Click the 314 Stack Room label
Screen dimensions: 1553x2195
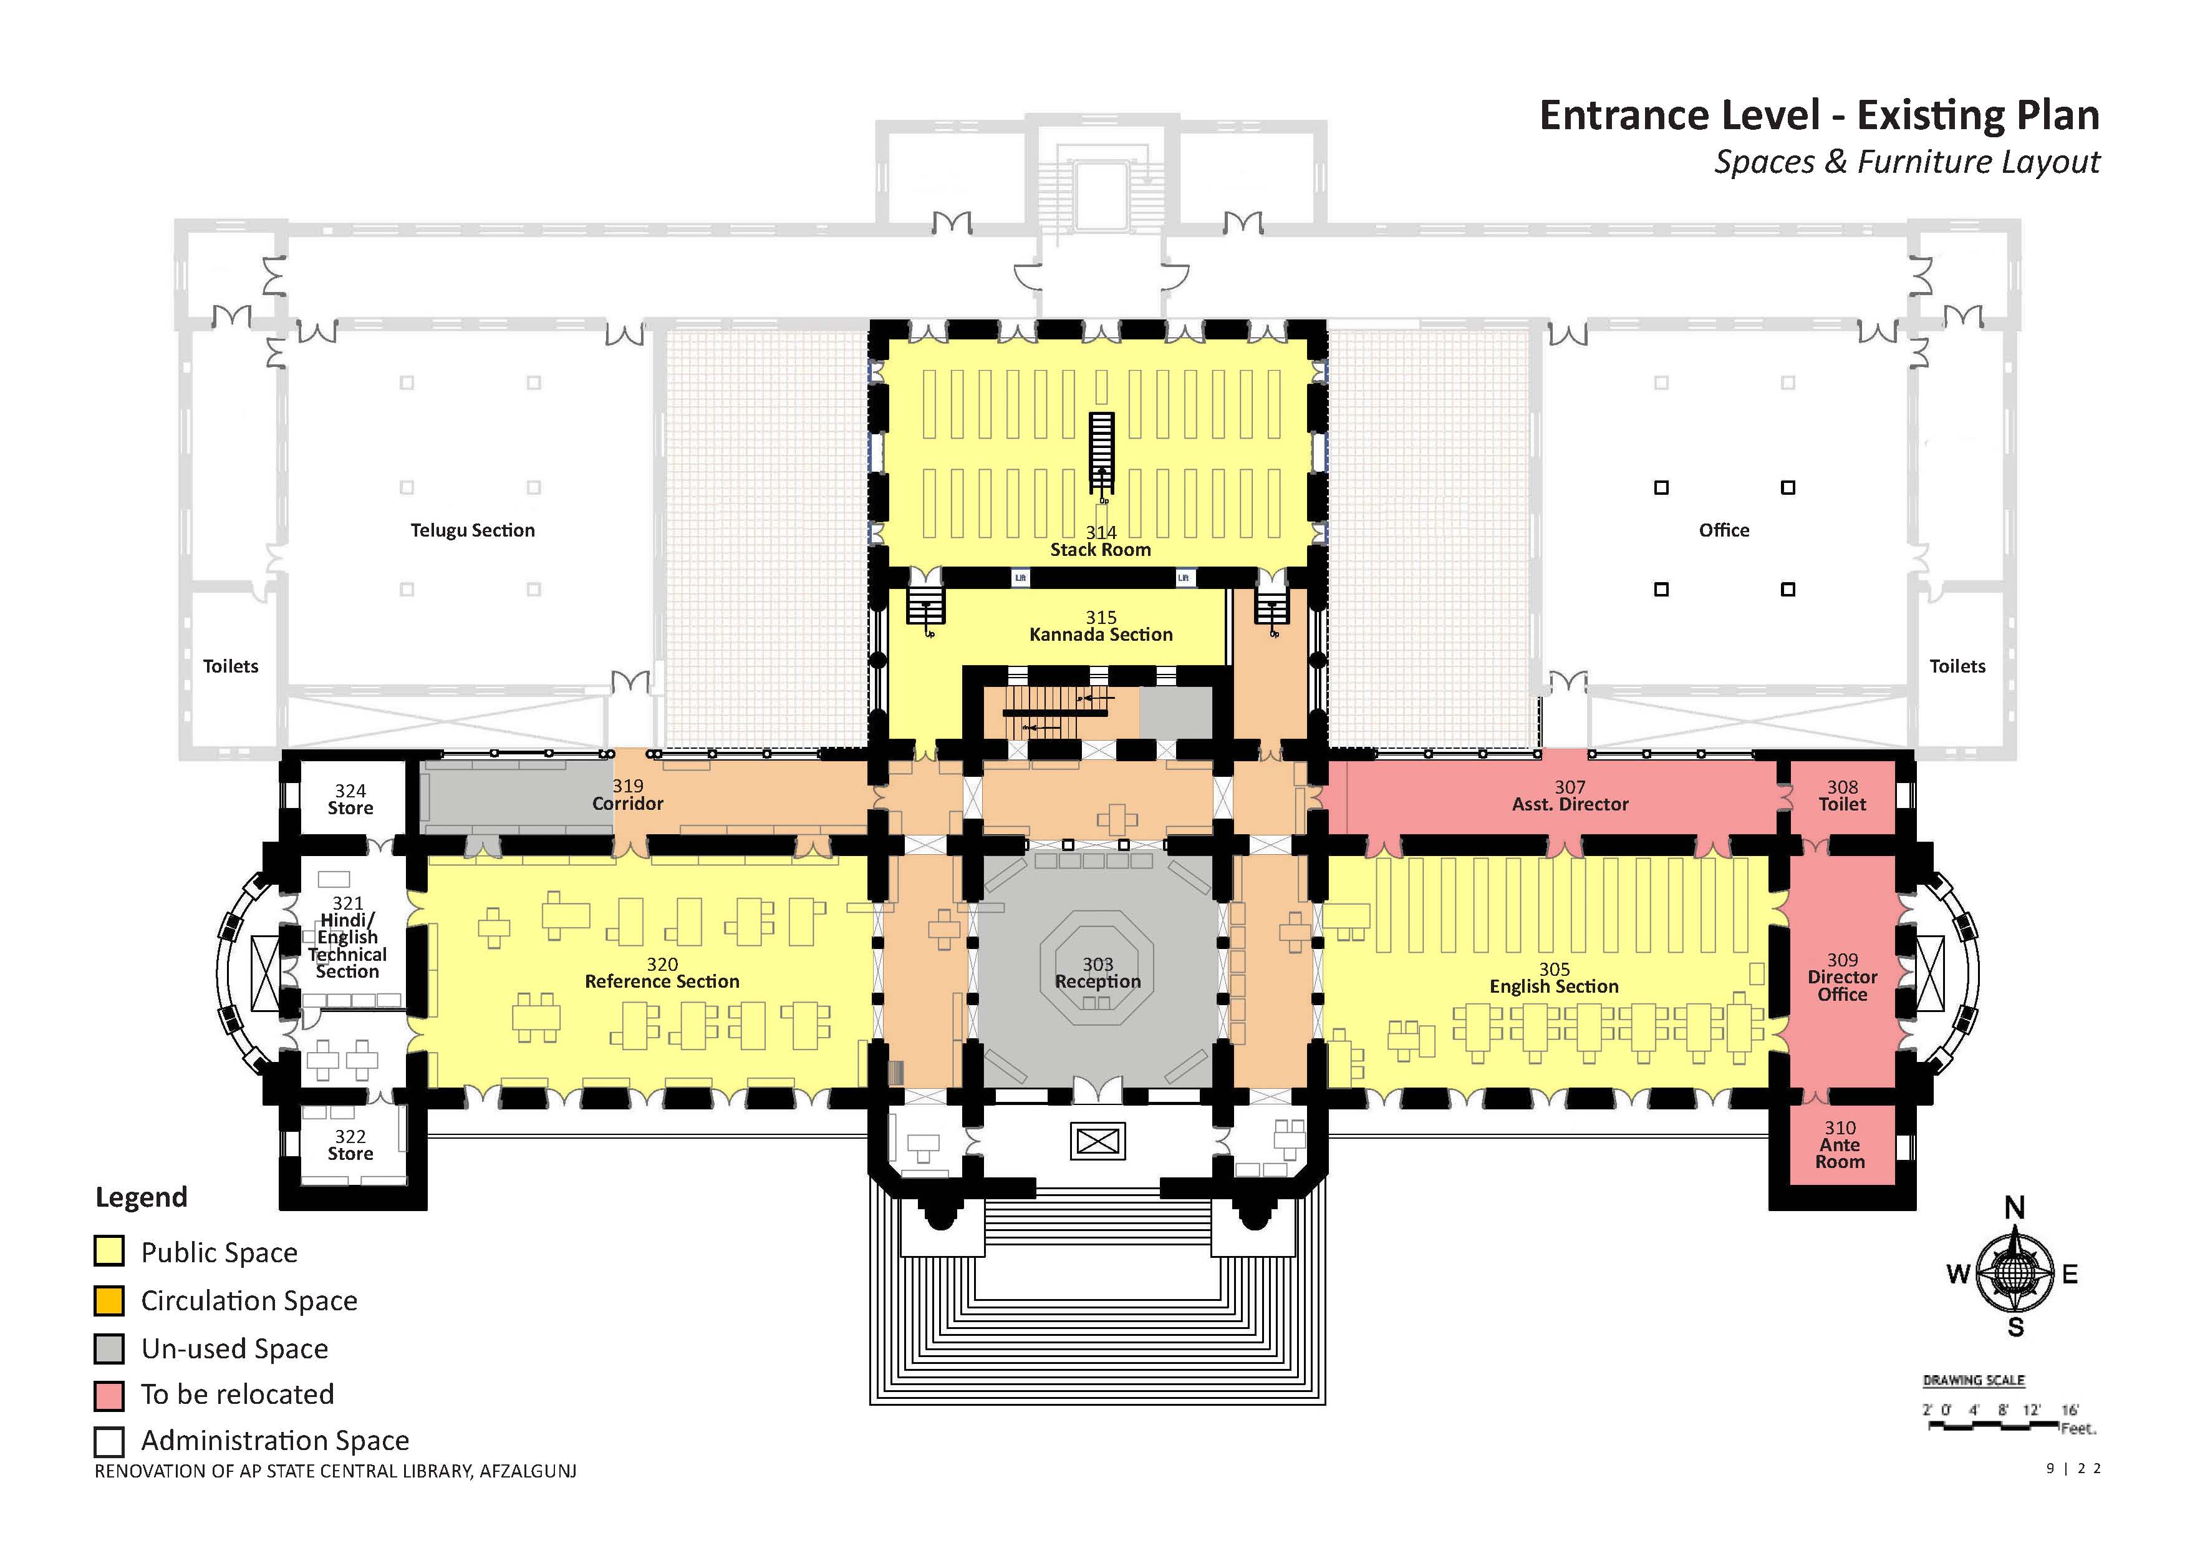1101,541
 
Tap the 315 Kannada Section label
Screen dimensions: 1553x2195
1101,626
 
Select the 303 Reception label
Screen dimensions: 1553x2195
1097,973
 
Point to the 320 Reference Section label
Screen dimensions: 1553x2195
662,973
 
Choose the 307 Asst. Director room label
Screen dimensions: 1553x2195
1570,796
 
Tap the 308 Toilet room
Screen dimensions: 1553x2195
1841,796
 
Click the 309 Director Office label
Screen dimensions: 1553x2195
1841,977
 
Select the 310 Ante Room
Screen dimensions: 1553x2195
1840,1146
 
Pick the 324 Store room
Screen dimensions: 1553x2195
350,799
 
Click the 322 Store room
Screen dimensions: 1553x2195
350,1145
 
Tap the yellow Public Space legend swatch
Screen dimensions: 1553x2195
109,1252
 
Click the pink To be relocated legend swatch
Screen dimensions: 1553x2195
109,1395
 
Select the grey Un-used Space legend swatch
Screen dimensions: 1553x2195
109,1348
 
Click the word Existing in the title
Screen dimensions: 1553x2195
1977,115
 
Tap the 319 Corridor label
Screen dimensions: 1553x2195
627,795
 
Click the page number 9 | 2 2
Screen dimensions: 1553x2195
2073,1469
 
